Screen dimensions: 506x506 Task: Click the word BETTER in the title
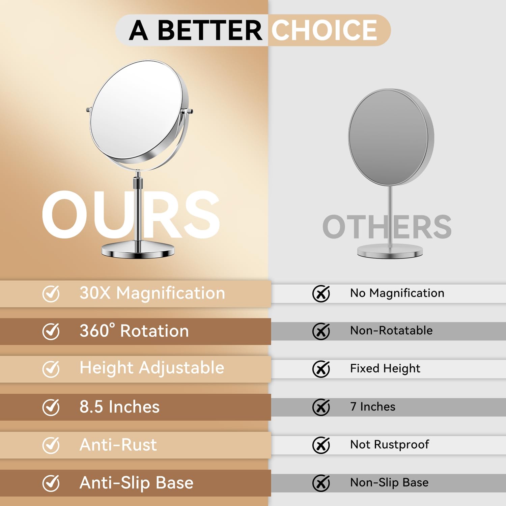tap(210, 30)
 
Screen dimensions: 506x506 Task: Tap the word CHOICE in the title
tap(325, 30)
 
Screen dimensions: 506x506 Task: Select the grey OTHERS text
tap(387, 227)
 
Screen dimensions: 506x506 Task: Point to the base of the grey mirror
tap(390, 252)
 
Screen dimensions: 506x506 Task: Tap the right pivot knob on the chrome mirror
tap(188, 111)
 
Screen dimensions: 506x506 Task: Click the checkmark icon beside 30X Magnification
tap(51, 293)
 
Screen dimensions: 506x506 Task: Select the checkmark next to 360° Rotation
tap(51, 331)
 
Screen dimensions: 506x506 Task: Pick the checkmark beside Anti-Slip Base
tap(51, 483)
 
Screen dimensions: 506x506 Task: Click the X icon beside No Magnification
tap(321, 293)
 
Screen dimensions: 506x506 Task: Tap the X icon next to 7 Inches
tap(321, 407)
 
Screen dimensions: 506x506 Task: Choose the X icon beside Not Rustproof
tap(321, 445)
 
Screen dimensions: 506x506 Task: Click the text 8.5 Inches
tap(119, 407)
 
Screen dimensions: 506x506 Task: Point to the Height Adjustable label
tap(152, 368)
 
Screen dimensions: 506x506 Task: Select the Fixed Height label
tap(385, 369)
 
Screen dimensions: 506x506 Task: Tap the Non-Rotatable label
tap(391, 331)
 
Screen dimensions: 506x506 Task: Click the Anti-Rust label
tap(118, 445)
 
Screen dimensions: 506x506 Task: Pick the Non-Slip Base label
tap(389, 483)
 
